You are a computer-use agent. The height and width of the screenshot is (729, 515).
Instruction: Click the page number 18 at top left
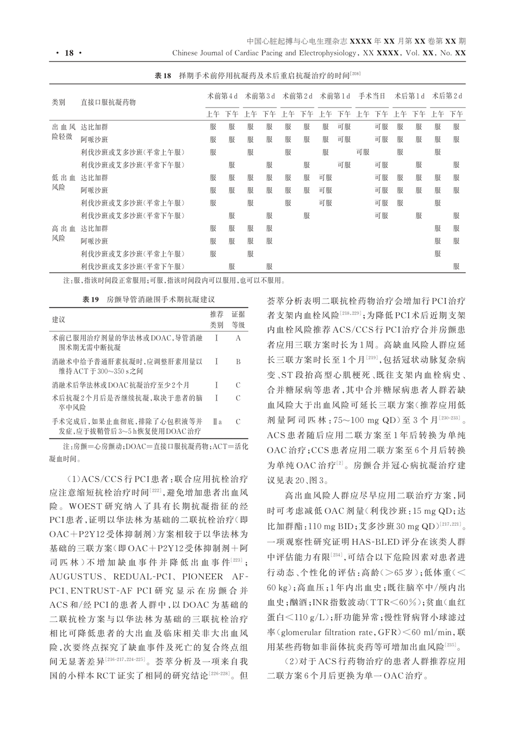pos(69,53)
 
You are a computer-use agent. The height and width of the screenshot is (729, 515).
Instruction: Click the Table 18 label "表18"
pos(162,76)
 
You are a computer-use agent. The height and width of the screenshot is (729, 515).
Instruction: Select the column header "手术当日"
pos(372,96)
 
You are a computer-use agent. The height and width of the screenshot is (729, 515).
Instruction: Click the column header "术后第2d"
pos(447,96)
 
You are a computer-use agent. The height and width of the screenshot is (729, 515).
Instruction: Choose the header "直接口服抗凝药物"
pos(108,102)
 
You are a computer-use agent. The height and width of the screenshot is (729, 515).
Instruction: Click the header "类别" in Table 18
pos(58,102)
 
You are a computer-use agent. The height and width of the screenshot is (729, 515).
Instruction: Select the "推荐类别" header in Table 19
pos(216,320)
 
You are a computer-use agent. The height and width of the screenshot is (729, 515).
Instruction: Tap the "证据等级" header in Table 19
pos(238,320)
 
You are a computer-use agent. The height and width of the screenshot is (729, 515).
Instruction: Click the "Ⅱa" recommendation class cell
pos(217,422)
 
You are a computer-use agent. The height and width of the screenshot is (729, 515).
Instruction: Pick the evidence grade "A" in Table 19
pos(238,338)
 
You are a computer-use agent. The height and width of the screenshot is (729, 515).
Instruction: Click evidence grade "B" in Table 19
pos(238,362)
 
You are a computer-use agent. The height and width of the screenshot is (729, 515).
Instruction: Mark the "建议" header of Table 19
pos(58,320)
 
